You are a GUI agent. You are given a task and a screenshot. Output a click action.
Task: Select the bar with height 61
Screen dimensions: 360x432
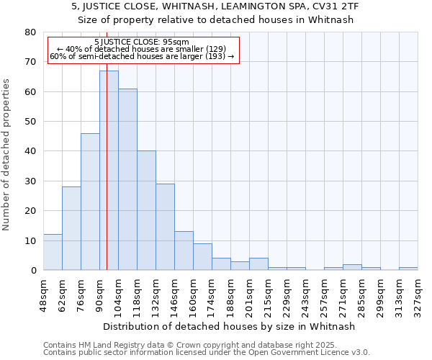point(127,179)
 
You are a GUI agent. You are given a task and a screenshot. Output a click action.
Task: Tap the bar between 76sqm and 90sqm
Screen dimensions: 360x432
point(90,202)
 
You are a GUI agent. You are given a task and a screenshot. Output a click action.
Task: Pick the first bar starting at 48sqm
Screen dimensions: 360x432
point(53,252)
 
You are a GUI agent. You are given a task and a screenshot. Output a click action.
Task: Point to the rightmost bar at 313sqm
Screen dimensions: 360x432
point(408,269)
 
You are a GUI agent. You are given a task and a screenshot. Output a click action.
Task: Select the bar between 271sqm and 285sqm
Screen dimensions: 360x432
point(352,267)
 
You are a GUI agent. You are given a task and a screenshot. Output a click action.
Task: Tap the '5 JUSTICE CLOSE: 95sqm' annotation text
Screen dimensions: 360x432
point(142,42)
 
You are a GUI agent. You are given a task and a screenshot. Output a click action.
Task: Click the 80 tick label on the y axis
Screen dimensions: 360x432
point(30,32)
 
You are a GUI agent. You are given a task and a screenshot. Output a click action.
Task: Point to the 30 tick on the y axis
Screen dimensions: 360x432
point(30,181)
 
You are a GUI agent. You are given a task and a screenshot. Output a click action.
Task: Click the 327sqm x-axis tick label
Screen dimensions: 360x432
point(418,294)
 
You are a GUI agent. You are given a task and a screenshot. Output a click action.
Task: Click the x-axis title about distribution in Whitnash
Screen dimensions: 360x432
point(229,326)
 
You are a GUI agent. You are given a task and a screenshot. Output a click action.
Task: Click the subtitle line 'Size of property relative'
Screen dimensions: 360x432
point(215,19)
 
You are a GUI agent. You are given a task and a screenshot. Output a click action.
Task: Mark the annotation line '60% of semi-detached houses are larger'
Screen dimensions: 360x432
point(142,56)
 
